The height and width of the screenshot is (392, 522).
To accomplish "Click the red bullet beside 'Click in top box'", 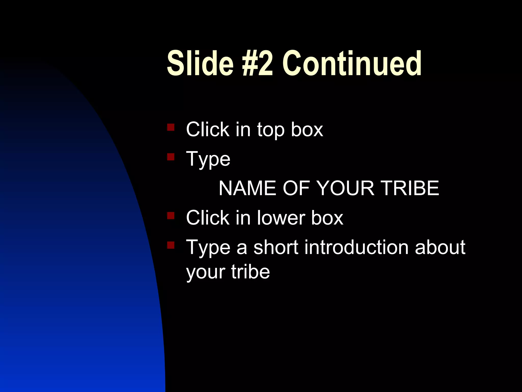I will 171,127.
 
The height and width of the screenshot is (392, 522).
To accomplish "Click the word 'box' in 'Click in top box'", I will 307,130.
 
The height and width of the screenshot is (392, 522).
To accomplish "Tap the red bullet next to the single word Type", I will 171,157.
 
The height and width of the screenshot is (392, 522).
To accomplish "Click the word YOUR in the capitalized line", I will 345,188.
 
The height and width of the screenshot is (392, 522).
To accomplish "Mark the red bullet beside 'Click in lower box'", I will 171,216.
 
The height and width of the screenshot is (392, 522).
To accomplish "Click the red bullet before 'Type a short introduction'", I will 171,245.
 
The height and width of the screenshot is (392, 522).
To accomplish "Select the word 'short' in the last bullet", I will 276,248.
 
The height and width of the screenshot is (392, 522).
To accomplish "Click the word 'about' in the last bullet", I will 440,248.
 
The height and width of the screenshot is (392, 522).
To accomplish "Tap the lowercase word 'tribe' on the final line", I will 250,272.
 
